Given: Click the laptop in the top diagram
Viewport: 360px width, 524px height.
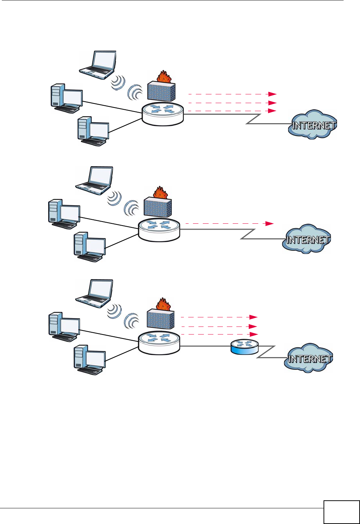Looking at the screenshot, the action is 98,65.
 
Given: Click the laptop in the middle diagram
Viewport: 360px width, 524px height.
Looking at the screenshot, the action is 94,180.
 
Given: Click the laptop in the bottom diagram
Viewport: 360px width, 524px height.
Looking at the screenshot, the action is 94,294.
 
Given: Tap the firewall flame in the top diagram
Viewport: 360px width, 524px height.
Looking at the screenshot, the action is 164,76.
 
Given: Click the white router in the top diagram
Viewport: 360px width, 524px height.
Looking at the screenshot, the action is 163,114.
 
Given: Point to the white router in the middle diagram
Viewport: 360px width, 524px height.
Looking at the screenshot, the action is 159,230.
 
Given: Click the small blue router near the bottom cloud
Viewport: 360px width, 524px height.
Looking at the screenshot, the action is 244,347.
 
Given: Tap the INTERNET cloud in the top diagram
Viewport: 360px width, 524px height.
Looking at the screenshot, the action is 313,125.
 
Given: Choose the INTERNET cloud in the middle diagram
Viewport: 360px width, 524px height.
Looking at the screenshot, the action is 307,239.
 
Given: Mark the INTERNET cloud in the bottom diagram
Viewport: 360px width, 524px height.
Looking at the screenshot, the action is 309,358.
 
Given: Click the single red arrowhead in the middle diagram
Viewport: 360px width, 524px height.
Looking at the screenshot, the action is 270,224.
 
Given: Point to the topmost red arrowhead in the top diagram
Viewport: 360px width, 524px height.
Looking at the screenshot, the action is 272,94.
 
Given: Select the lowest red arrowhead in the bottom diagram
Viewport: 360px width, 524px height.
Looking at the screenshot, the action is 253,334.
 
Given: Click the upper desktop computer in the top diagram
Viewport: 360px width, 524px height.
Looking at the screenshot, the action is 67,98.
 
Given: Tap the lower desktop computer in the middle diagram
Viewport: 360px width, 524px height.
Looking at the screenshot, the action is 90,247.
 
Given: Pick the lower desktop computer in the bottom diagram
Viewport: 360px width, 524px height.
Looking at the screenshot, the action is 90,360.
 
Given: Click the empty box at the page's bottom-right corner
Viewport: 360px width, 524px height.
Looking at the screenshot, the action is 342,512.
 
